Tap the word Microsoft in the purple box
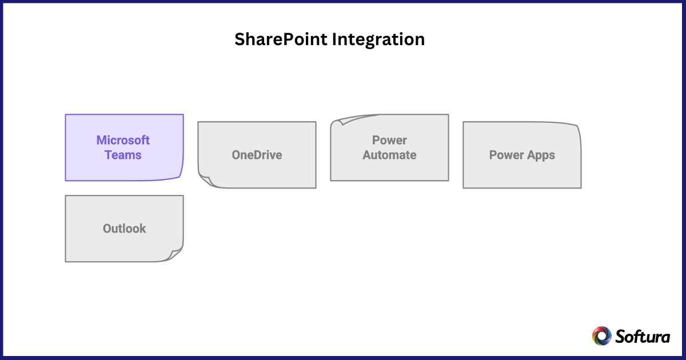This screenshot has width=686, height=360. point(123,141)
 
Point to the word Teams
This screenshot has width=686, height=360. point(123,155)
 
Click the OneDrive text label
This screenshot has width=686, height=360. point(257,155)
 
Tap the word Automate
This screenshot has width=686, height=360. point(389,155)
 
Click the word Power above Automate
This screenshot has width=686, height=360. point(389,141)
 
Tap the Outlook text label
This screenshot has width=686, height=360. point(124,229)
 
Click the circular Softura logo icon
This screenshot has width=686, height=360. point(601,336)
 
